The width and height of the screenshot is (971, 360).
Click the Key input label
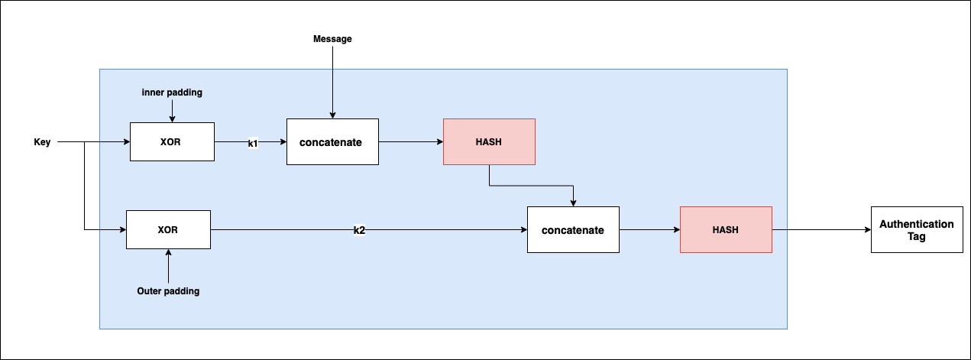[42, 142]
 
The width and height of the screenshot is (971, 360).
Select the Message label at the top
[332, 39]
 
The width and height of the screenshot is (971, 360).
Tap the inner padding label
[172, 92]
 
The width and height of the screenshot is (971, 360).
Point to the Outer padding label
[168, 291]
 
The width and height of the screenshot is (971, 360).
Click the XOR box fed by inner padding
[172, 141]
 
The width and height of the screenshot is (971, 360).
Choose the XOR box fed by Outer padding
[168, 229]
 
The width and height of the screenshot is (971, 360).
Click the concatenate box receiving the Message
[332, 141]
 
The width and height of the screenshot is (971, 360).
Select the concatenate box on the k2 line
[573, 229]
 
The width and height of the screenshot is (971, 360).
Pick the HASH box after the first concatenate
[489, 141]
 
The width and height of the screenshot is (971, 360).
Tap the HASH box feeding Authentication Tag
[726, 229]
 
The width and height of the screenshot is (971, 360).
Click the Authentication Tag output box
[916, 229]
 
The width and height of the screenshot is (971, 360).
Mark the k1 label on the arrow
[252, 143]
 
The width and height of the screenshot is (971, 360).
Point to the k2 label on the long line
[359, 230]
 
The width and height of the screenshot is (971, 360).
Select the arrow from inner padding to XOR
[172, 110]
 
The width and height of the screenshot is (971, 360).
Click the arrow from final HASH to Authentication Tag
[821, 229]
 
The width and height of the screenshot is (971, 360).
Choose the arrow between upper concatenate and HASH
[411, 141]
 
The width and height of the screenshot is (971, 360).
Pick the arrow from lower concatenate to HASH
[649, 229]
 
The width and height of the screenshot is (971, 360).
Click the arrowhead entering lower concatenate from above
[573, 203]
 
